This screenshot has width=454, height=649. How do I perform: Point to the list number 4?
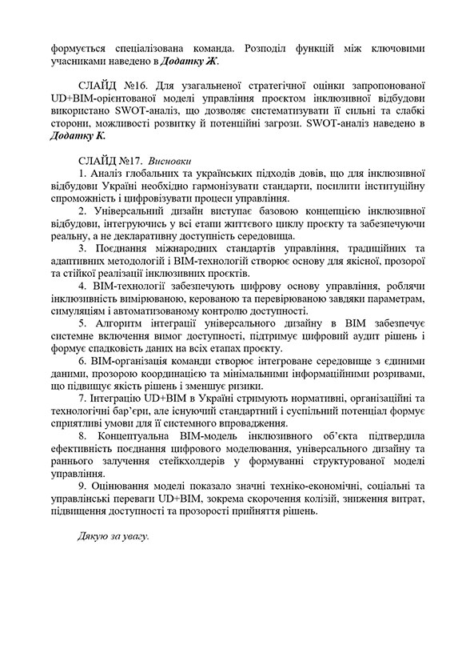pyautogui.click(x=82, y=286)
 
